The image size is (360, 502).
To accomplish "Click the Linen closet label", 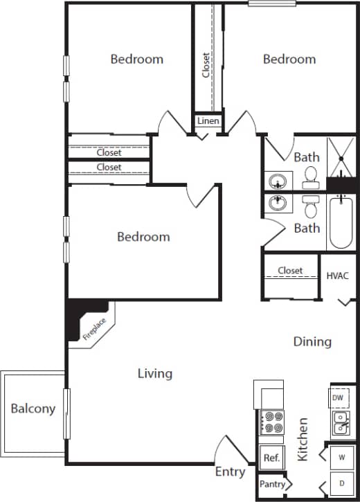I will (x=208, y=121).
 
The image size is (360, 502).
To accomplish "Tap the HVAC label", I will (x=337, y=276).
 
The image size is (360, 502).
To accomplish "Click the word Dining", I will (x=312, y=341).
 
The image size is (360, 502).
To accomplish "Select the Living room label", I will (x=154, y=374).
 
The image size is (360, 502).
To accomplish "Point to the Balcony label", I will (x=33, y=409).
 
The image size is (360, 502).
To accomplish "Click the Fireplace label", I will (x=95, y=327).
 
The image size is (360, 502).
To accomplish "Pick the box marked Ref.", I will (x=271, y=458).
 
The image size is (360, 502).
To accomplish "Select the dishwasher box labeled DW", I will (x=338, y=398).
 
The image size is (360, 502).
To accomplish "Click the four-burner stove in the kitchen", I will (x=271, y=423).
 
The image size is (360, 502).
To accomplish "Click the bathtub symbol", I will (x=341, y=222).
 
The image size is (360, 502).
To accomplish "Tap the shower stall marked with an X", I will (x=341, y=157).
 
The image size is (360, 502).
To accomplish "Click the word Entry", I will (x=230, y=472).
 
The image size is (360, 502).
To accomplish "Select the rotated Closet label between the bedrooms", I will (x=206, y=66).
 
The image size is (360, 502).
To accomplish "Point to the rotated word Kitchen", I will (x=302, y=439).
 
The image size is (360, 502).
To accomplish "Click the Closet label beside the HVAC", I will (x=290, y=271).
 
